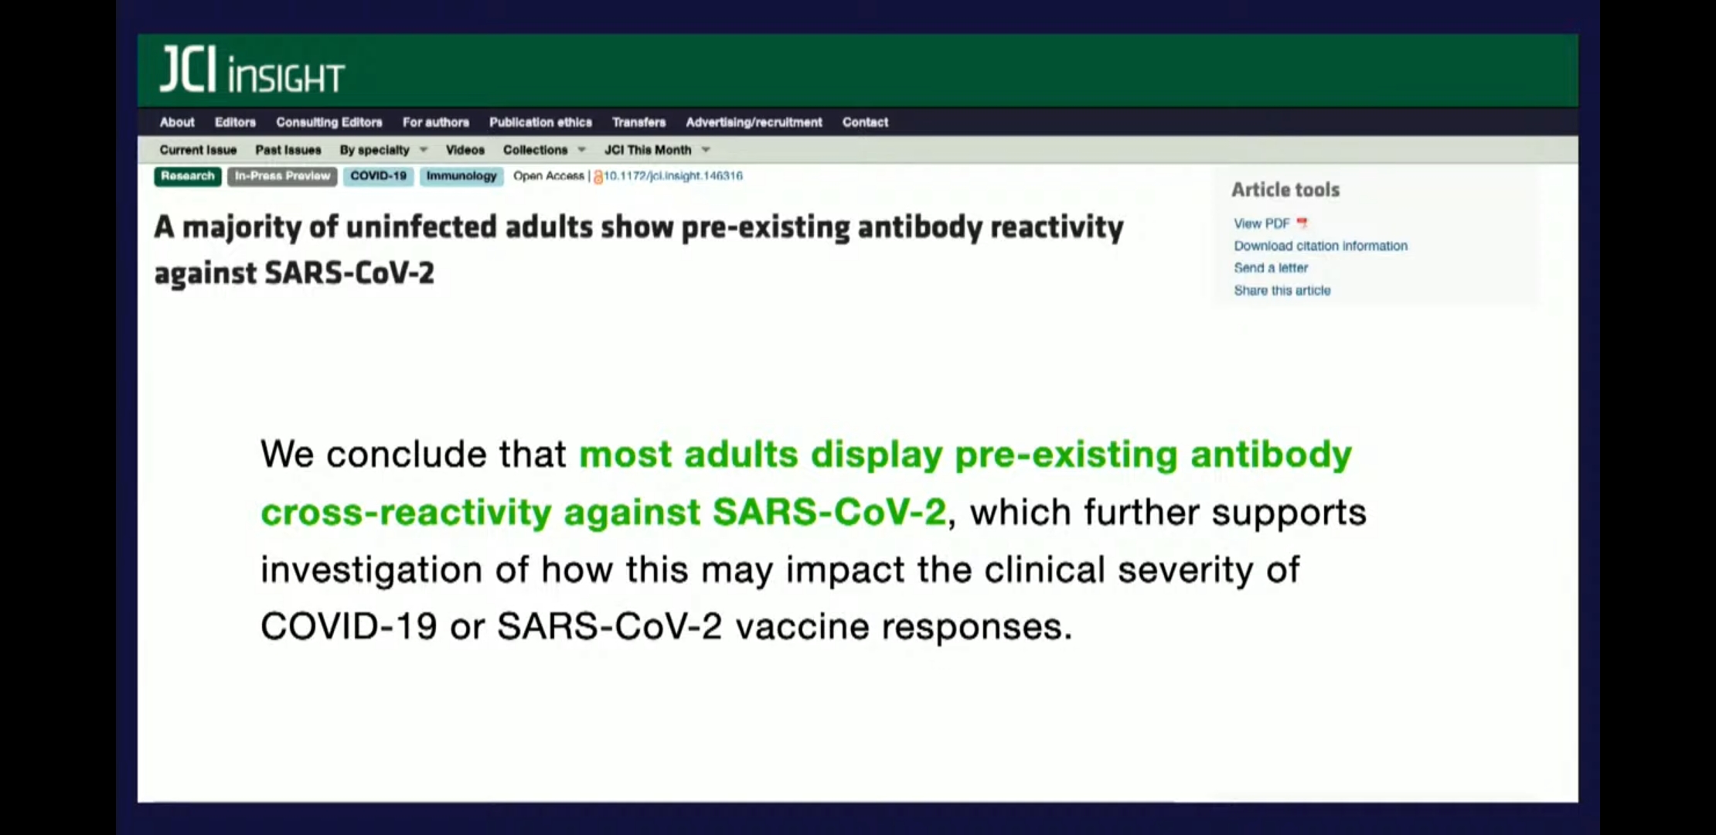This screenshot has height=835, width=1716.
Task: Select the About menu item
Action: tap(177, 122)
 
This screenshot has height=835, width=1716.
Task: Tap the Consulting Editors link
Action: tap(329, 122)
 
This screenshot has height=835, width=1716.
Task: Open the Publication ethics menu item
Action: tap(540, 122)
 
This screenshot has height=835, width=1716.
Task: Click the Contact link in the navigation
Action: tap(865, 122)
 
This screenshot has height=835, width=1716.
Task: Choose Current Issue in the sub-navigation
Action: tap(198, 150)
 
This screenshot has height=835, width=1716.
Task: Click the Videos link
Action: tap(465, 150)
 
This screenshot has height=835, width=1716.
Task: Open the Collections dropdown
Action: tap(544, 150)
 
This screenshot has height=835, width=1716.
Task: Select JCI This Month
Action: tap(656, 150)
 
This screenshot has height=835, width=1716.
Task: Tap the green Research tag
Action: tap(188, 176)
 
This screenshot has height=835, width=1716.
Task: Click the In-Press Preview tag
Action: tap(282, 176)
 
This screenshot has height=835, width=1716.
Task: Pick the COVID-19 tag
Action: tap(378, 176)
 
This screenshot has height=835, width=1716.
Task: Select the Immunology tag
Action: tap(461, 176)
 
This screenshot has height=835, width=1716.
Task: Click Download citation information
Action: tap(1320, 246)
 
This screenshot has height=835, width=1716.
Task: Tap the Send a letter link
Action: tap(1271, 268)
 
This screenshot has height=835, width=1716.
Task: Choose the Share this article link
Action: tap(1282, 291)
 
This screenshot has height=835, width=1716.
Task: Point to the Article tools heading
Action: tap(1285, 190)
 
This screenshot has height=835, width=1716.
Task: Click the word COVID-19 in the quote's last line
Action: tap(349, 626)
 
